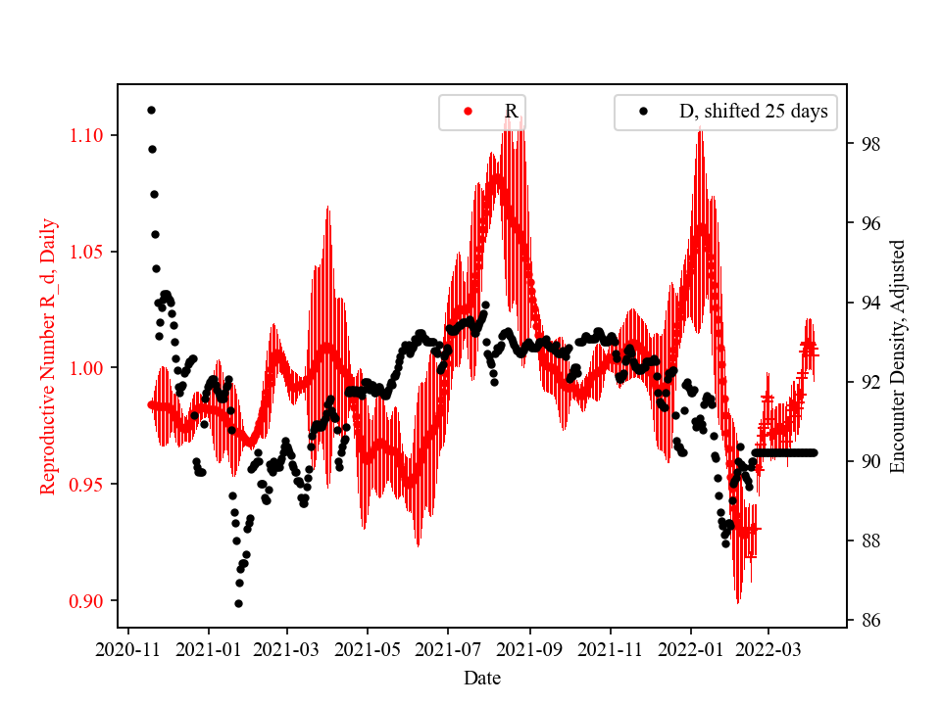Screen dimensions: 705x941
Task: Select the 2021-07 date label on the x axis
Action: [x=448, y=648]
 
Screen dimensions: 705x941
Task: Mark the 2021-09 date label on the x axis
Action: [x=530, y=648]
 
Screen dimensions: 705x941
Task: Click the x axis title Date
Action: [x=481, y=677]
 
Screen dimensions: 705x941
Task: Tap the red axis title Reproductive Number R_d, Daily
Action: [x=49, y=355]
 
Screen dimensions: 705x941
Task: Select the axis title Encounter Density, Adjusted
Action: [x=897, y=355]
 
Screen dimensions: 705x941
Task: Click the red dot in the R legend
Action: [x=468, y=113]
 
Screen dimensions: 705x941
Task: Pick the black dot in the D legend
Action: [x=644, y=113]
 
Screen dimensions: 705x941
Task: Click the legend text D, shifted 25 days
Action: [x=753, y=112]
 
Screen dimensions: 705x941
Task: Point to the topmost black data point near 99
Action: [x=151, y=110]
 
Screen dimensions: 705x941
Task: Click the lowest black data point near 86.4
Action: [x=238, y=603]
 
